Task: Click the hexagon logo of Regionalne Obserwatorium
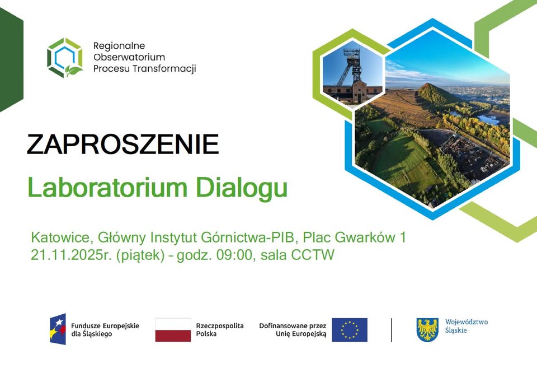pos(65,57)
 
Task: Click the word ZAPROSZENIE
pos(123,145)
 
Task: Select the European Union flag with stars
pos(349,330)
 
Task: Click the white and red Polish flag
pos(173,329)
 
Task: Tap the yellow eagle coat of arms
pos(427,329)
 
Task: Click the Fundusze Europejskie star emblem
pos(57,329)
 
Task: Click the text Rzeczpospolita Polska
pos(220,329)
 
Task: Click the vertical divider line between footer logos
pos(392,329)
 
